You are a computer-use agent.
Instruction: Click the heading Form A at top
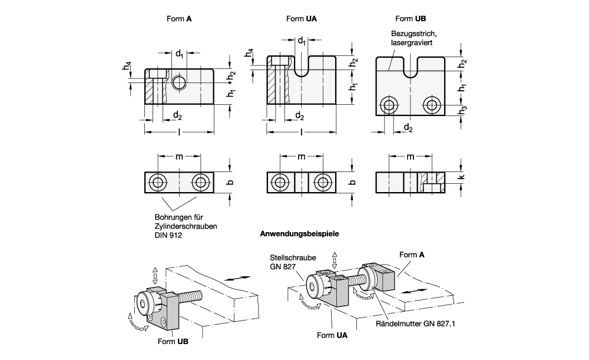click(179, 19)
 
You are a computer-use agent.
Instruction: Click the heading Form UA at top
click(301, 19)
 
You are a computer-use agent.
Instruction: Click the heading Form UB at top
click(411, 19)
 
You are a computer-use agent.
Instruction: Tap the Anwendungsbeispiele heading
click(299, 234)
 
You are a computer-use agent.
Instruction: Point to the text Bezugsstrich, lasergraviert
click(413, 38)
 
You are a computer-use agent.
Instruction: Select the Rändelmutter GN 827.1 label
click(415, 323)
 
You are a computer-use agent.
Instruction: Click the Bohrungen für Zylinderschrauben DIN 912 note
click(186, 226)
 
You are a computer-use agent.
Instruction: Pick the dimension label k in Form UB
click(462, 177)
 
